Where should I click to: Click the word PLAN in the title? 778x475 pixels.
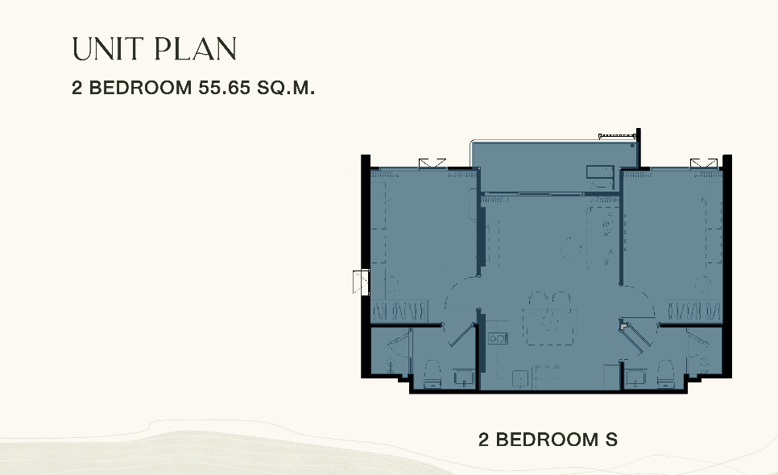pos(196,49)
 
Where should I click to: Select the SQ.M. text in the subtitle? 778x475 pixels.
pos(286,88)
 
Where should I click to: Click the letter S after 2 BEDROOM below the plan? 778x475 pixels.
pos(611,440)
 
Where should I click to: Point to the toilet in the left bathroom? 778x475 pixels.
pos(432,374)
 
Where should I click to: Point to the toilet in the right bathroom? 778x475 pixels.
pos(665,374)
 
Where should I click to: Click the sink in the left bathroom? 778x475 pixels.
pos(464,378)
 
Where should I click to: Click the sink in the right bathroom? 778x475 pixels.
pos(635,378)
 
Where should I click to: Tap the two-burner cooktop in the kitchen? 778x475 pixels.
pos(498,339)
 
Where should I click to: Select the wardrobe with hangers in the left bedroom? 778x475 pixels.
pos(399,312)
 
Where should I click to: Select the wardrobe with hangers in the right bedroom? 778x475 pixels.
pos(693,312)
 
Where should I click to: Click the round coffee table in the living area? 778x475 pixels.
pos(570,247)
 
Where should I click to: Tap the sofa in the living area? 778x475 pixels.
pos(602,237)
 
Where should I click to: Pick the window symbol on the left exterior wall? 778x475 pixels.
pos(361,282)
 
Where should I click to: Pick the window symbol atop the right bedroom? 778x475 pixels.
pos(704,164)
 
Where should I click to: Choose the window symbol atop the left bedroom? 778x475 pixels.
pos(432,164)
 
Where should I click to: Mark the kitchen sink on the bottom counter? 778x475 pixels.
pos(520,378)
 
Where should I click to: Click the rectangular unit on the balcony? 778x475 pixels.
pos(600,172)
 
